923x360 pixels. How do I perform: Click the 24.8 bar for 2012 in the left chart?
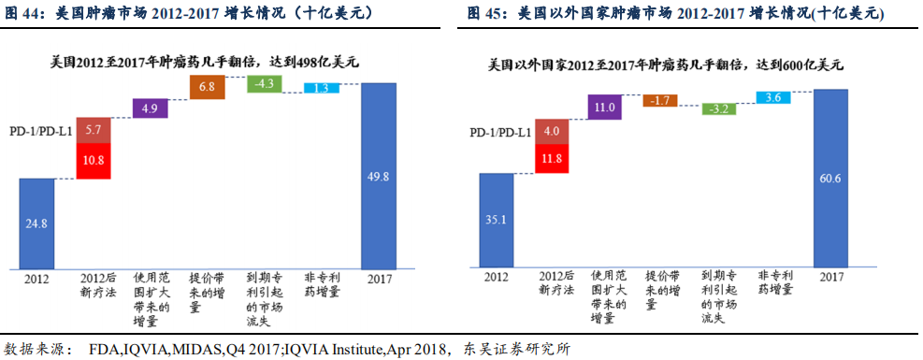click(36, 223)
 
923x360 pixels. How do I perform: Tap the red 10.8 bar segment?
click(94, 161)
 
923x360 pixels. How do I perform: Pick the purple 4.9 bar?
click(151, 108)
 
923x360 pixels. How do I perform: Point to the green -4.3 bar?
click(265, 84)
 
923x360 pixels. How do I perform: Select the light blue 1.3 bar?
click(321, 89)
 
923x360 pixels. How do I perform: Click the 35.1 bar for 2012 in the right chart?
click(497, 219)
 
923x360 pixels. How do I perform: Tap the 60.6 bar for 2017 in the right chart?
click(830, 178)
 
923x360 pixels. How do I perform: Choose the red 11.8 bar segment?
click(552, 159)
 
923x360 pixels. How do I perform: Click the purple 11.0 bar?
click(606, 108)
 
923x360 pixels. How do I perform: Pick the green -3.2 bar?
click(718, 108)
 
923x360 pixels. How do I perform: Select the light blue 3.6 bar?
click(773, 98)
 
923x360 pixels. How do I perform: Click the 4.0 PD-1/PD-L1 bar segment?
click(552, 131)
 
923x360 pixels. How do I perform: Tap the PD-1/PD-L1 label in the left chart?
click(41, 133)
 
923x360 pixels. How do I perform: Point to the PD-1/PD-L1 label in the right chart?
click(500, 133)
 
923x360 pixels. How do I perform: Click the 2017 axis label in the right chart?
click(829, 277)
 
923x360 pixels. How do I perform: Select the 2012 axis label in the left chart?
click(36, 279)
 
